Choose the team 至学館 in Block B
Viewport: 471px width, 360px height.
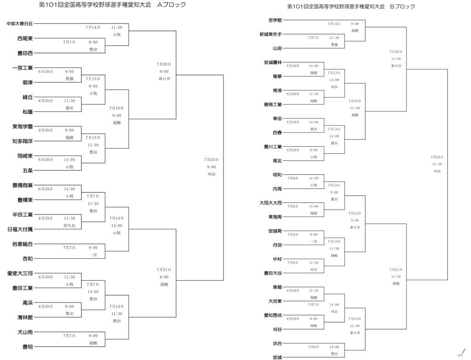(275, 20)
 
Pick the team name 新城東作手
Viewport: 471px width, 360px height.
(270, 35)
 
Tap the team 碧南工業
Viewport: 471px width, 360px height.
(273, 105)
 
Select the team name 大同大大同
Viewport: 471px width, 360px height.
(271, 203)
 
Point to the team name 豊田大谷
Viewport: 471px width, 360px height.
(273, 273)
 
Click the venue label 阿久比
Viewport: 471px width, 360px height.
(69, 225)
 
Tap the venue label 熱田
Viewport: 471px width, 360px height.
(117, 321)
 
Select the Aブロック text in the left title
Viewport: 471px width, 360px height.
(172, 5)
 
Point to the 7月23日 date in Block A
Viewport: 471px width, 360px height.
(211, 159)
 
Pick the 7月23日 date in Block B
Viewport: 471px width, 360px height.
(437, 157)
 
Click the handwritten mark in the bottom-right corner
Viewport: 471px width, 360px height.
(459, 352)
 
